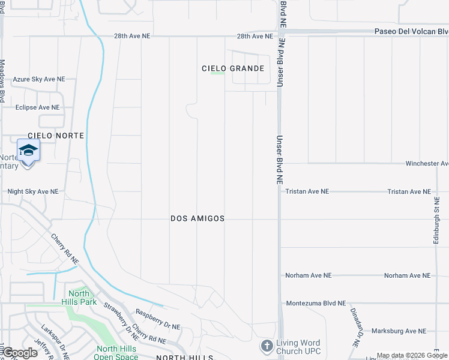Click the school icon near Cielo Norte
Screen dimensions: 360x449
(28, 150)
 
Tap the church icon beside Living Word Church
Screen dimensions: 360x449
(267, 346)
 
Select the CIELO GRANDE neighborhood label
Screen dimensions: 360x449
(234, 68)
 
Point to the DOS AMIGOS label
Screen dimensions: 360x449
(197, 219)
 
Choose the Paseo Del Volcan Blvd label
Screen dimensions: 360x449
(411, 31)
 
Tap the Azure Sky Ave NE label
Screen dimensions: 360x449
(39, 79)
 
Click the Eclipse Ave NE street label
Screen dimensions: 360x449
(38, 107)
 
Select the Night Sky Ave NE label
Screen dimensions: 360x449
(33, 192)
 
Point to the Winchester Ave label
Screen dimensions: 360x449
(427, 163)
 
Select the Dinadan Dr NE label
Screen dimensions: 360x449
(355, 327)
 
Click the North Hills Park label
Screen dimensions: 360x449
(78, 298)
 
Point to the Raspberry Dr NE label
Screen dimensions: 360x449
(158, 320)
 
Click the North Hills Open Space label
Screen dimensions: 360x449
(116, 353)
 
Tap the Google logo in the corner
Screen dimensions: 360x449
(19, 353)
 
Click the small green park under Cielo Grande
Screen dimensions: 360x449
(217, 74)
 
